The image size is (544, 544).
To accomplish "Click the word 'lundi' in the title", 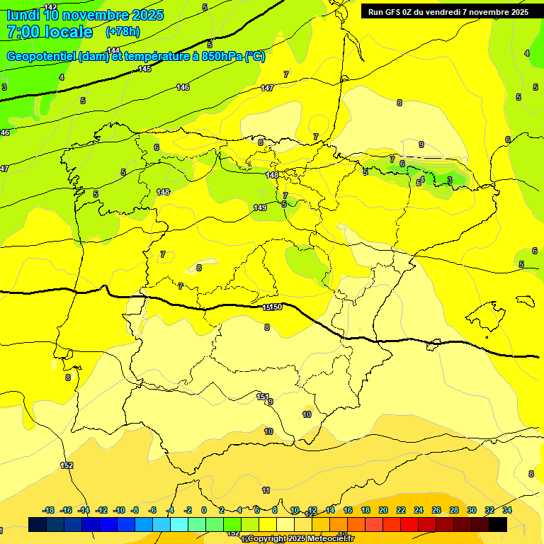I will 23,14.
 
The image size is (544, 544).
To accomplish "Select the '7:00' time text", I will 21,32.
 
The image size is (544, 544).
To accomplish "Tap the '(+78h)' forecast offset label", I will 123,32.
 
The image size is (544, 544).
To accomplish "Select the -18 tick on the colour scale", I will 49,510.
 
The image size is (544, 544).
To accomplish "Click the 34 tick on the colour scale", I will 507,510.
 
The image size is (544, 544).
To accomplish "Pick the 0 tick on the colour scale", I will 204,510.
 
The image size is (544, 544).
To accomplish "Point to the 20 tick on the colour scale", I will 383,510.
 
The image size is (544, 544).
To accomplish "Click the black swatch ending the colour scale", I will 498,524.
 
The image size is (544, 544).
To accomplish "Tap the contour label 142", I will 50,7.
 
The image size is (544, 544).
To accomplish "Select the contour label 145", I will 145,69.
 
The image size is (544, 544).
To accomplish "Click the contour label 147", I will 267,88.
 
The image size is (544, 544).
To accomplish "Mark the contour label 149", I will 260,208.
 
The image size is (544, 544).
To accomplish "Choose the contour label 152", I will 67,465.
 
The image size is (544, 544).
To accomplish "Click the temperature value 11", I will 266,490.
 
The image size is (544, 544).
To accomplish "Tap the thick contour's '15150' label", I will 273,307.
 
